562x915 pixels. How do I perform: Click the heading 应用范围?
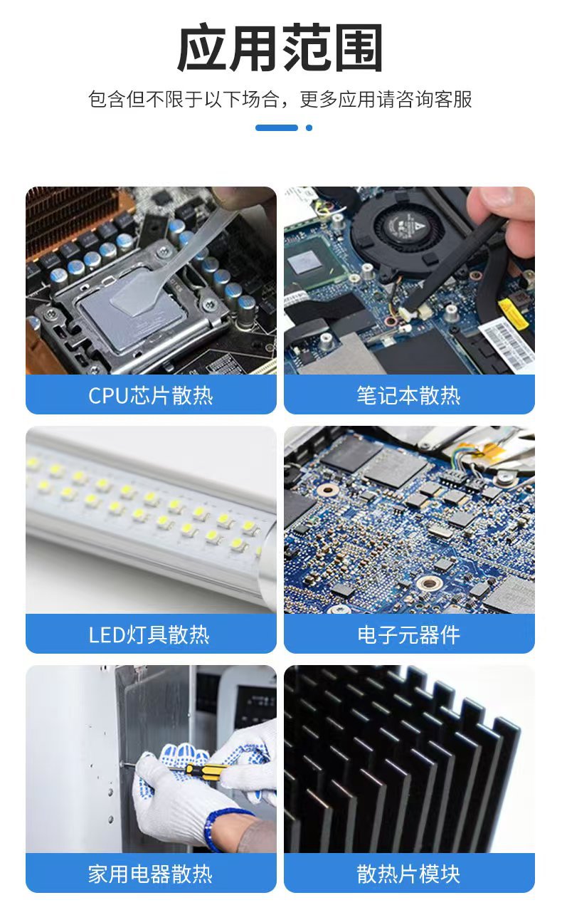pyautogui.click(x=280, y=48)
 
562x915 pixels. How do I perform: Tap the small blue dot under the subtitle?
pyautogui.click(x=309, y=128)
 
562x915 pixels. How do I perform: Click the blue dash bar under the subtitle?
pyautogui.click(x=277, y=128)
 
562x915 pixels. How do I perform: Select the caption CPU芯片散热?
pyautogui.click(x=151, y=395)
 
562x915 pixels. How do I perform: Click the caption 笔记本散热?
pyautogui.click(x=409, y=395)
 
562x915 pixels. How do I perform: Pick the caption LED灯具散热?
pyautogui.click(x=149, y=634)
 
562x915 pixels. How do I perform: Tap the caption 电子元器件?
pyautogui.click(x=409, y=634)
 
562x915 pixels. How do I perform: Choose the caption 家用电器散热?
pyautogui.click(x=151, y=874)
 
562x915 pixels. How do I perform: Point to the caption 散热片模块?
pyautogui.click(x=409, y=874)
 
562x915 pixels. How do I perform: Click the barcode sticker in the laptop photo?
pyautogui.click(x=508, y=345)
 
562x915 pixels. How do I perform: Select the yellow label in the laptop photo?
pyautogui.click(x=514, y=313)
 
